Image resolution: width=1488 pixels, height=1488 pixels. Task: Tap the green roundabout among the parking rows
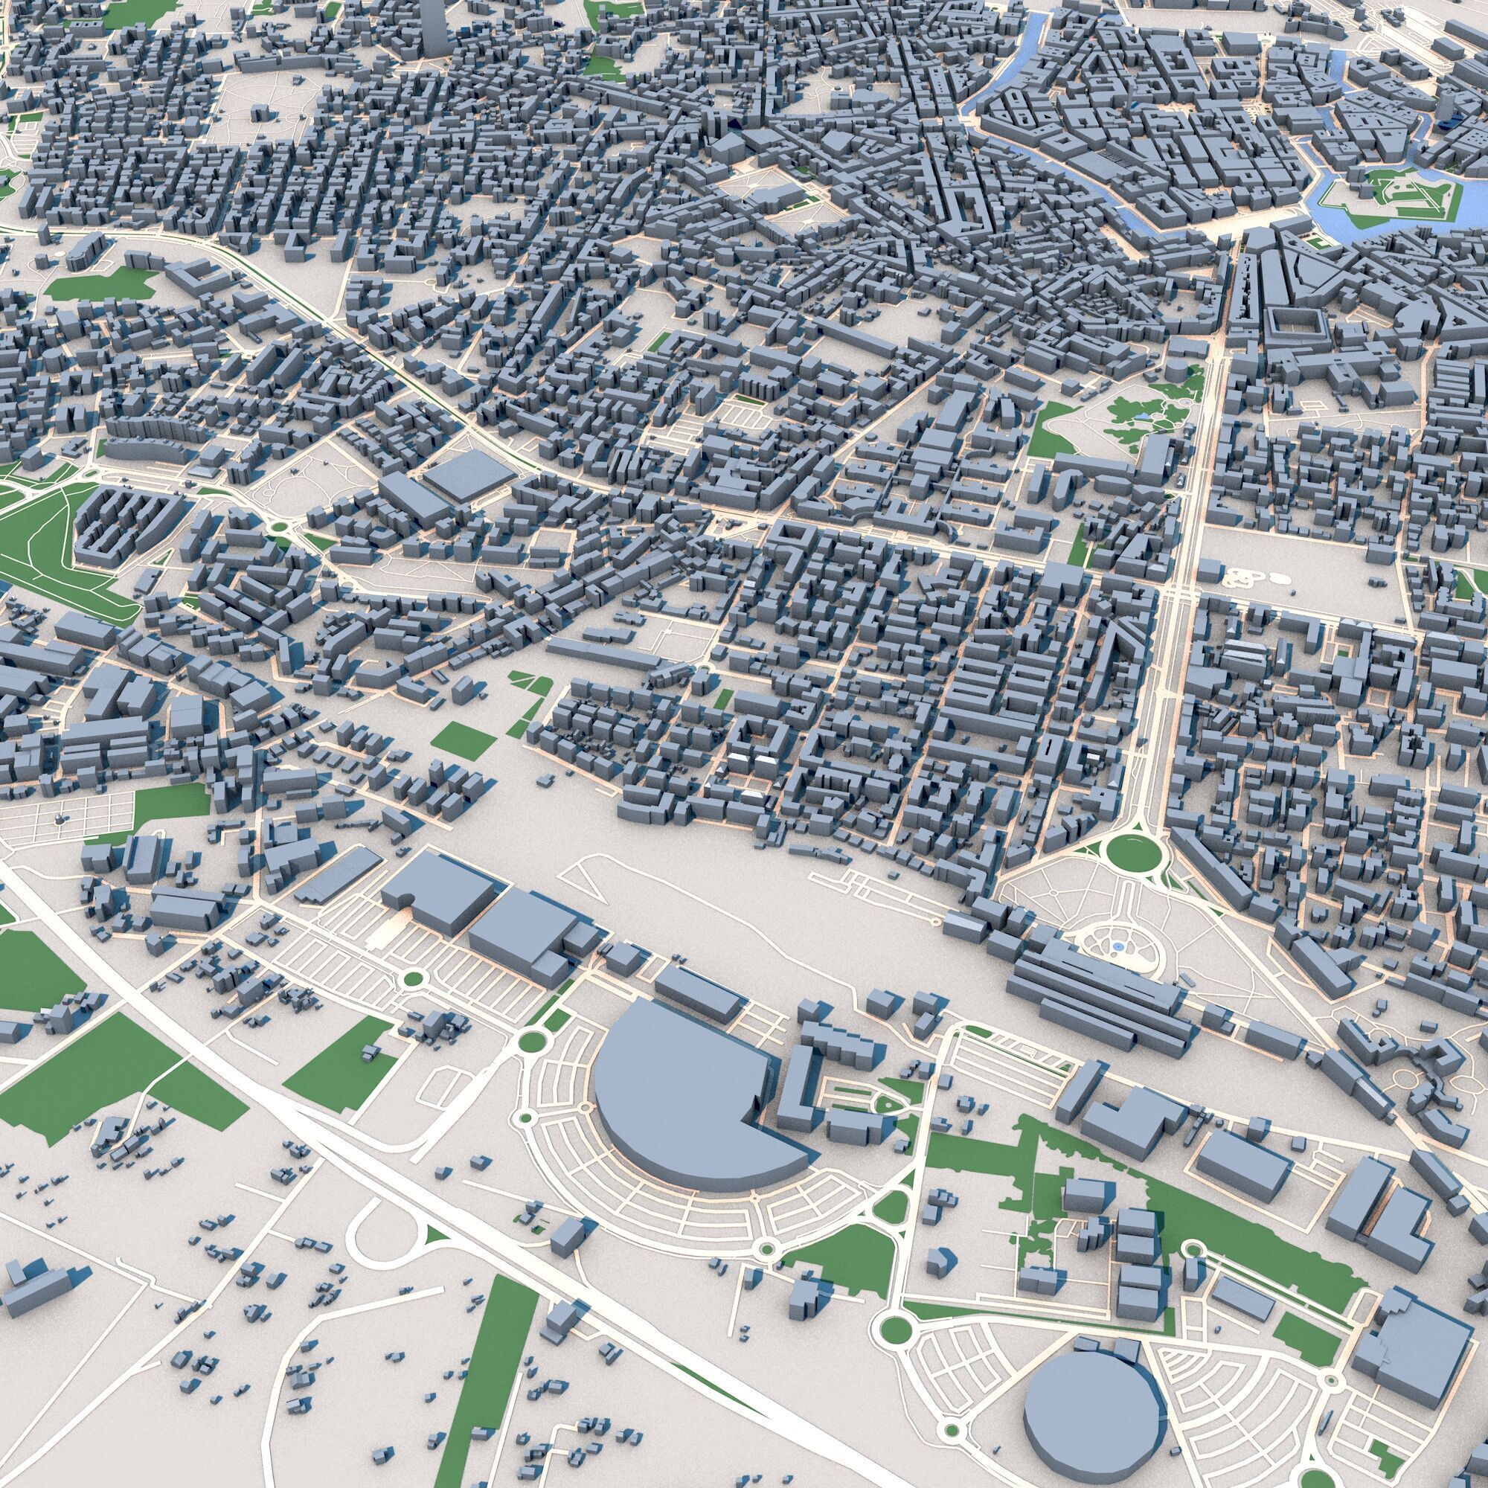click(x=414, y=979)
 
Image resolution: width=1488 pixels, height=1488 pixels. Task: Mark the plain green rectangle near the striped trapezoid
click(x=464, y=739)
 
